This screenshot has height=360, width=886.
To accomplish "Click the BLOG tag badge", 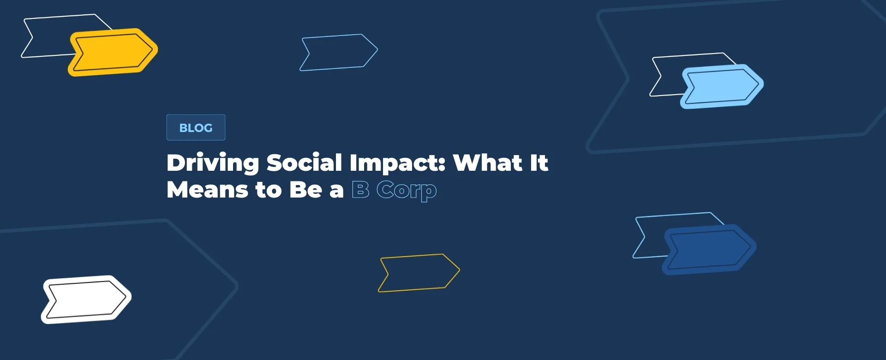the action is [x=196, y=127].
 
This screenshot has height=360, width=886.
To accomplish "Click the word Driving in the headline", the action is [x=213, y=163].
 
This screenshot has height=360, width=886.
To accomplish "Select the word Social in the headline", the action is [x=304, y=162].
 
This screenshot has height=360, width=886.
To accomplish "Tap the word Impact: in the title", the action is [x=397, y=163].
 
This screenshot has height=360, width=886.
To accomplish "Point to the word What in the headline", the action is [x=487, y=162].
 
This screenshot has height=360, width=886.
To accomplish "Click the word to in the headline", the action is [x=268, y=190].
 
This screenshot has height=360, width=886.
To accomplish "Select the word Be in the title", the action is [x=305, y=190].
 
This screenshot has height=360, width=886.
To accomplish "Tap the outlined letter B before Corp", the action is [x=360, y=190].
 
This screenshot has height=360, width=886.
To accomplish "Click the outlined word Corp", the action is [x=407, y=191].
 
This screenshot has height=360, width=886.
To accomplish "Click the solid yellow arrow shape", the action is [x=113, y=52].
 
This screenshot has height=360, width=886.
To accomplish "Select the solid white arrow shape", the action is [x=86, y=300].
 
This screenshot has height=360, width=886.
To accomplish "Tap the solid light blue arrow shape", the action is [x=722, y=86].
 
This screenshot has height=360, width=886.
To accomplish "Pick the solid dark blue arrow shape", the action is [x=709, y=250].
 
